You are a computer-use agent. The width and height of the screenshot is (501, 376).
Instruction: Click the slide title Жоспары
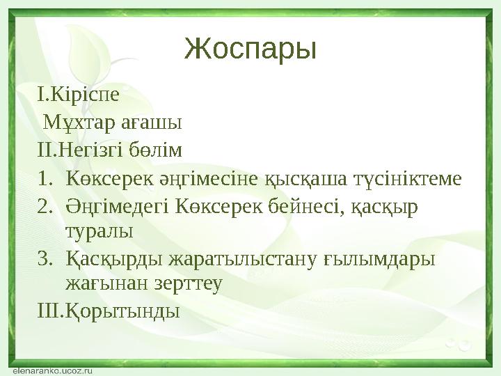click(250, 49)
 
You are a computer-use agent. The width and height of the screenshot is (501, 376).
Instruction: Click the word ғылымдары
click(379, 259)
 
